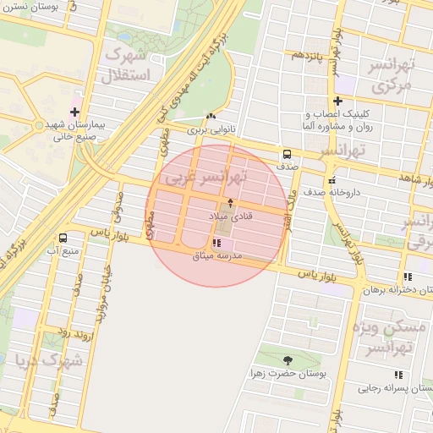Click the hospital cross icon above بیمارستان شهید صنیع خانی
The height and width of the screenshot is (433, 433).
[75, 112]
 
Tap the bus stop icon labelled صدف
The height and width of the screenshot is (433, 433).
[287, 155]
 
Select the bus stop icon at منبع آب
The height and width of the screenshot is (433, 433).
[63, 238]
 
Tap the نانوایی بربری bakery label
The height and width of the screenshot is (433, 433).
[208, 131]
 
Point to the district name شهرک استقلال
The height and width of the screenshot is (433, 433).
[124, 65]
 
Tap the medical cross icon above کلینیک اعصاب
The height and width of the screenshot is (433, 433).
[337, 101]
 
